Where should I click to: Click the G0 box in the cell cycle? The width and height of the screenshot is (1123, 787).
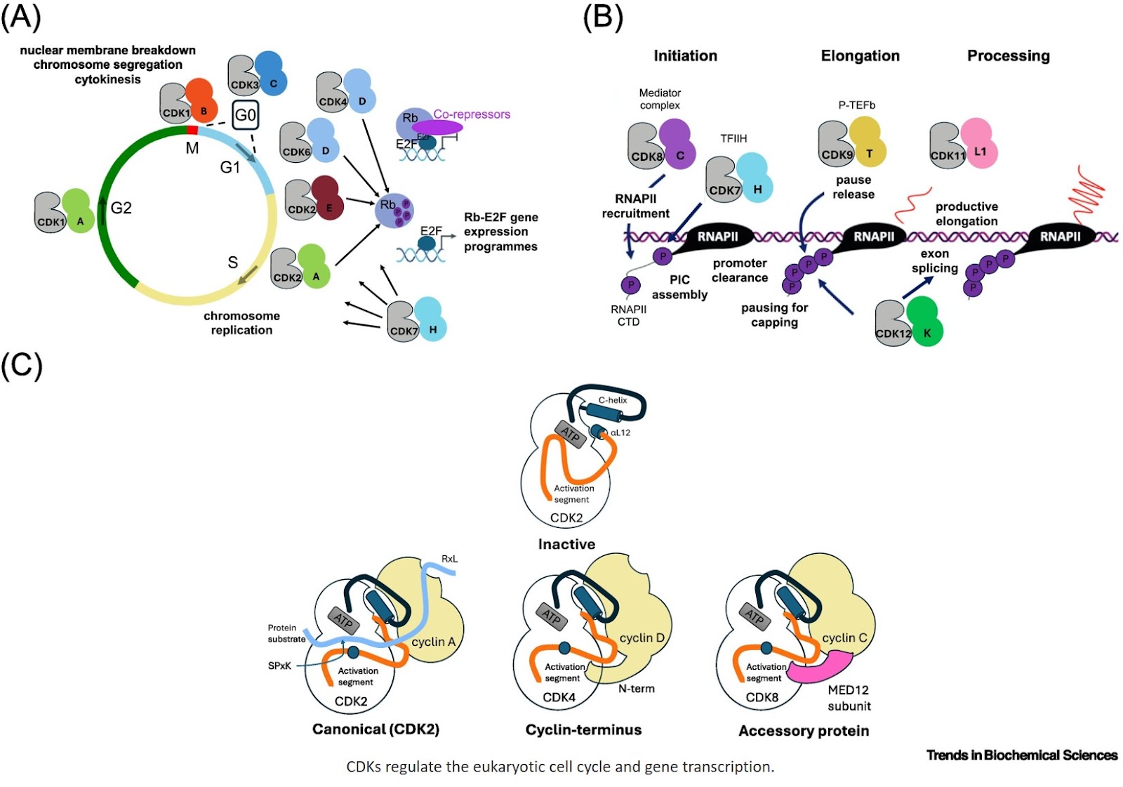(x=245, y=115)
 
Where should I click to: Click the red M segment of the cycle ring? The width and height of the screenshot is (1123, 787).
(x=192, y=130)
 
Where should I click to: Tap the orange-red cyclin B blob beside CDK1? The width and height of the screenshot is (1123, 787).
(x=201, y=102)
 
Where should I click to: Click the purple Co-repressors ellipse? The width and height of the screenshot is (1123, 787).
(x=437, y=127)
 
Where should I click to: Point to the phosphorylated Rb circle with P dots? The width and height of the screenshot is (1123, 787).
(x=394, y=211)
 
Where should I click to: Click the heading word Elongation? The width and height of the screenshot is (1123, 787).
(x=860, y=56)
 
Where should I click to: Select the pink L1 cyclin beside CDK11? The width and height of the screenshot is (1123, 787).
(x=978, y=145)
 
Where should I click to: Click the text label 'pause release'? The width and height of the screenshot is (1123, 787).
(x=853, y=187)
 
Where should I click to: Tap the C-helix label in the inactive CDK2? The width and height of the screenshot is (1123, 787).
(x=613, y=400)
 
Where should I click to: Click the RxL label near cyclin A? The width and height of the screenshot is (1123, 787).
(x=449, y=560)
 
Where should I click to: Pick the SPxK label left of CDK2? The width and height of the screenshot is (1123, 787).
(x=279, y=666)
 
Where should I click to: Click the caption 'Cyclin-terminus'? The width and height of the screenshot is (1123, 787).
(x=583, y=730)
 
